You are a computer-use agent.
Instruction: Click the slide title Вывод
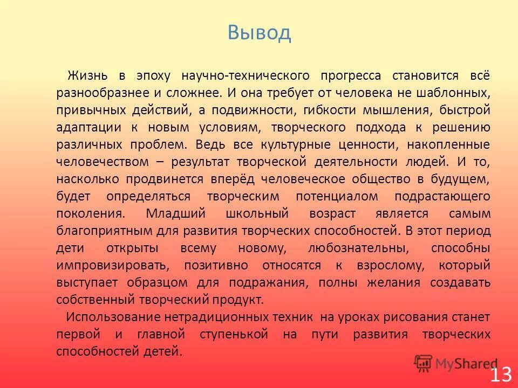259,33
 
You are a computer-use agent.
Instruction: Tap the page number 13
500,374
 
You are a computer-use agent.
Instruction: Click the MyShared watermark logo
456,363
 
